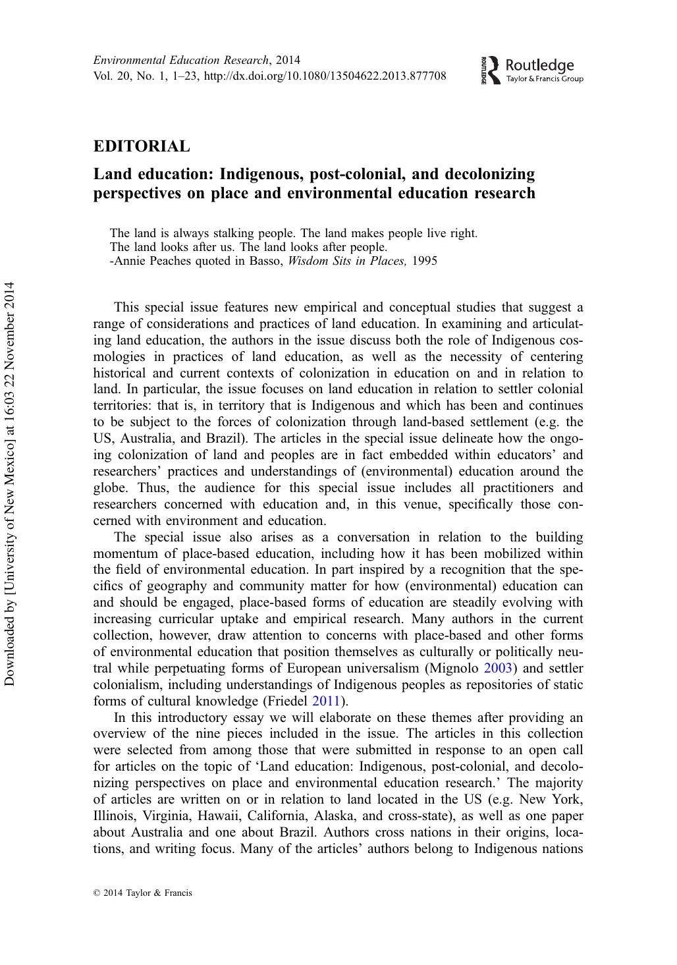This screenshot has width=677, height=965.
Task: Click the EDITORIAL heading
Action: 142,146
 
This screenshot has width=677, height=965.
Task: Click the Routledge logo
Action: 532,70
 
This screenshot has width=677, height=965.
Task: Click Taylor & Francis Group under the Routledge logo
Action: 544,80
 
